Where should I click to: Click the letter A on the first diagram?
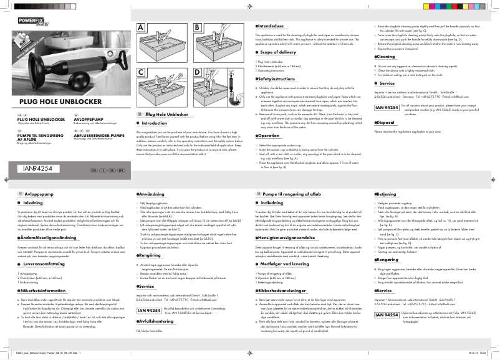coord(141,28)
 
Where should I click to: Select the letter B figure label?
coord(198,28)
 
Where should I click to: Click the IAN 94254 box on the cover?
coord(38,169)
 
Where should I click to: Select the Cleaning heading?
coord(390,56)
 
